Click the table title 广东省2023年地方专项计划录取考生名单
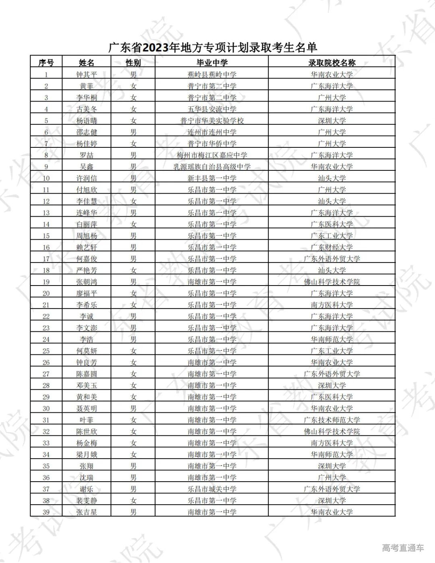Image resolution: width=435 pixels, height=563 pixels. (213, 48)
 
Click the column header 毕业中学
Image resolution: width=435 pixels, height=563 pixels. (212, 63)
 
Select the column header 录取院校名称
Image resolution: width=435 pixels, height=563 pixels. (331, 63)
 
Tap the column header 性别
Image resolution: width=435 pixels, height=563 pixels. (133, 63)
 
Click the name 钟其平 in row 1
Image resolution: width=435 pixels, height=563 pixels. (87, 75)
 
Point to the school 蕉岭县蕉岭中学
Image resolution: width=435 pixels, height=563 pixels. (212, 75)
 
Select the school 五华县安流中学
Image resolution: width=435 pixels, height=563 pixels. (212, 109)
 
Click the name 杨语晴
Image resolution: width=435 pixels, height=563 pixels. (87, 121)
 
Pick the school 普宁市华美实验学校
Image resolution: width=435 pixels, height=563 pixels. (212, 121)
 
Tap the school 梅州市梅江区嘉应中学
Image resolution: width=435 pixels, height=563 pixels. (212, 155)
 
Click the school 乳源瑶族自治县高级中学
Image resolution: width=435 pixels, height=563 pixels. (212, 167)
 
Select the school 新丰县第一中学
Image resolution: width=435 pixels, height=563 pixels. (212, 178)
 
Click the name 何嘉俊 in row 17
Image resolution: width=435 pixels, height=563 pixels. (87, 259)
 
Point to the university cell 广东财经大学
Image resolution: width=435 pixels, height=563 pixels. (331, 247)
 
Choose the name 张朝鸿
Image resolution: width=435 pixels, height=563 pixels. (87, 282)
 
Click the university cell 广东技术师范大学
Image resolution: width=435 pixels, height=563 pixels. (331, 420)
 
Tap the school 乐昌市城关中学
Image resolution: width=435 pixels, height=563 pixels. (212, 489)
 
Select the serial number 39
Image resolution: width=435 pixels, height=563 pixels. (46, 512)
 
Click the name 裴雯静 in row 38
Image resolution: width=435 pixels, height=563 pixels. (87, 501)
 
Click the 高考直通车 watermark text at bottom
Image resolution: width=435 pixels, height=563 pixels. (403, 548)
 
